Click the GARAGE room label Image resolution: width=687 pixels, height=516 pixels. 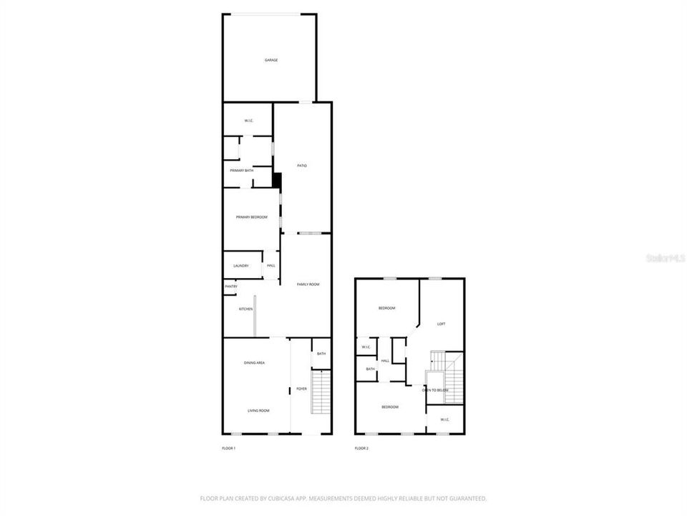coord(271,60)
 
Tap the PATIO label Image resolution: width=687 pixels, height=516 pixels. coord(302,166)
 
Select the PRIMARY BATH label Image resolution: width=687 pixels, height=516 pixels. coord(241,171)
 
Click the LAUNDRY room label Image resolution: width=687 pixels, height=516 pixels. coord(241,266)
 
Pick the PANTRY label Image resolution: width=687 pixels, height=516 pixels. coord(231,287)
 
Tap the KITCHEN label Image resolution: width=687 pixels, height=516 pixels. coord(245,309)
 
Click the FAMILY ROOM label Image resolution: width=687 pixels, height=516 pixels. coord(308,285)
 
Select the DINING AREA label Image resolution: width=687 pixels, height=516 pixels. coord(255,363)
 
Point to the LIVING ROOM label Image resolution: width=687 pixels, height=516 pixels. coord(258,411)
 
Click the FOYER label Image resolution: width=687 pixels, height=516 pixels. coord(302,389)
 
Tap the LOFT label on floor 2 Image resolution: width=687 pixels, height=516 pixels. coord(442,324)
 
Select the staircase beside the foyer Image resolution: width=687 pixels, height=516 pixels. coord(322,392)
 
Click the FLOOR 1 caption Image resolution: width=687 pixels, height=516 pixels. coord(228,449)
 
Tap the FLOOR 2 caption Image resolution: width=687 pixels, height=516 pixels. coord(361,449)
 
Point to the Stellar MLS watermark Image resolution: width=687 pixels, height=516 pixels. coord(665,257)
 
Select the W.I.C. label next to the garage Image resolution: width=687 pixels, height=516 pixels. coord(248,120)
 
